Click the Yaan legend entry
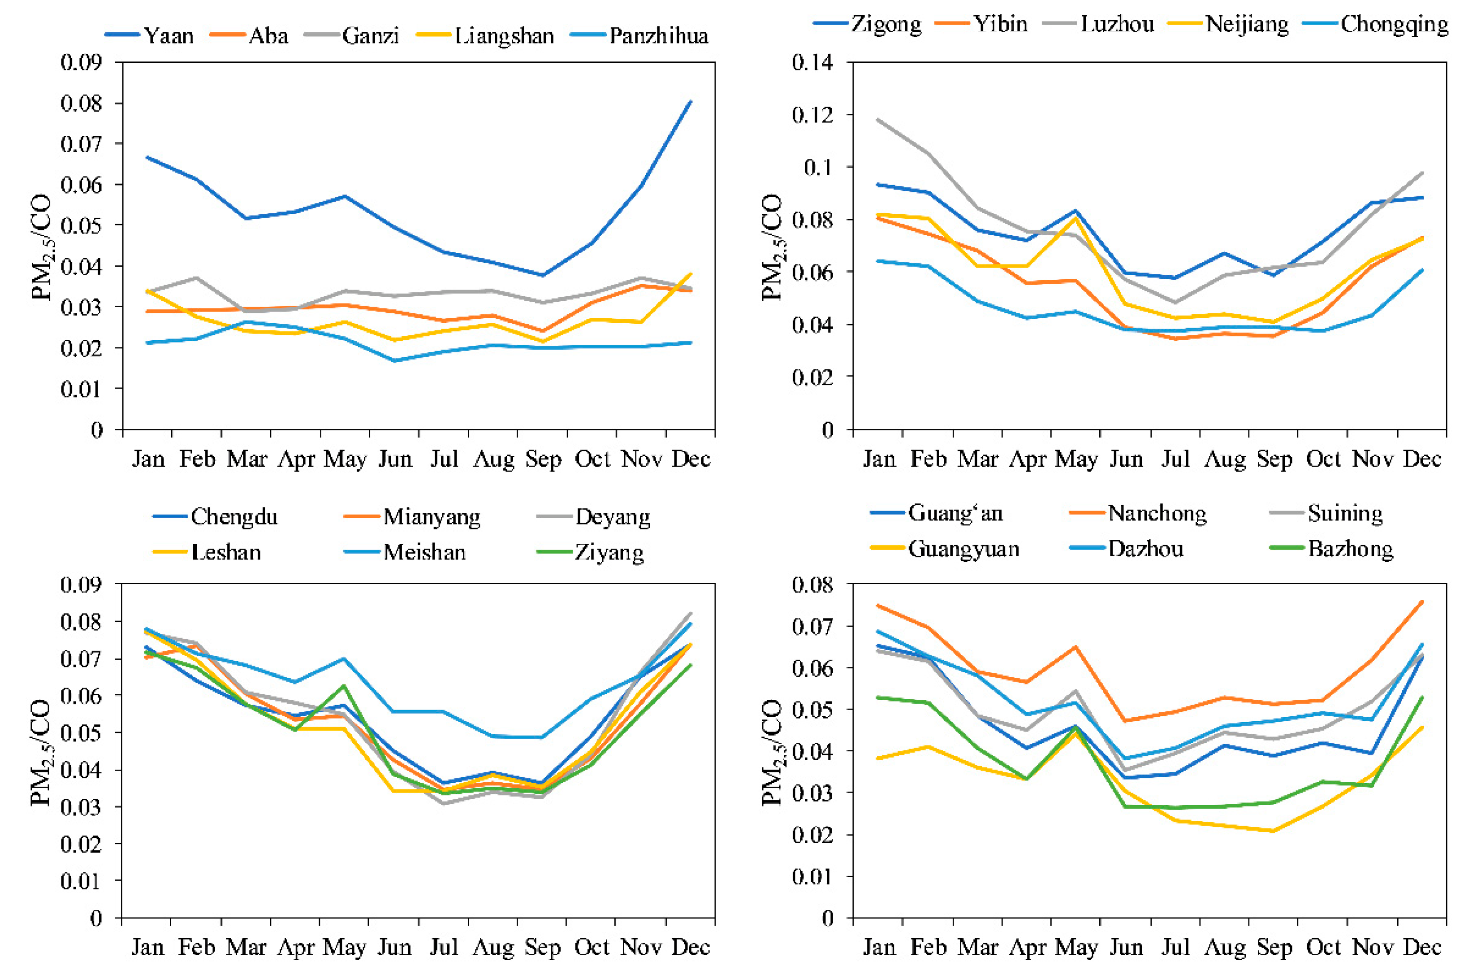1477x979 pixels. pyautogui.click(x=149, y=35)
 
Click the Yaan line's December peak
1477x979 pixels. pyautogui.click(x=690, y=102)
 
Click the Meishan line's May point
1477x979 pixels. pyautogui.click(x=344, y=658)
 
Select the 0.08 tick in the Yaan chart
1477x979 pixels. pyautogui.click(x=81, y=103)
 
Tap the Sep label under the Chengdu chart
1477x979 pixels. pyautogui.click(x=542, y=948)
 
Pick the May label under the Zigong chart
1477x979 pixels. pyautogui.click(x=1076, y=459)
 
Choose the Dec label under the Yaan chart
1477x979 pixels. pyautogui.click(x=691, y=459)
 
